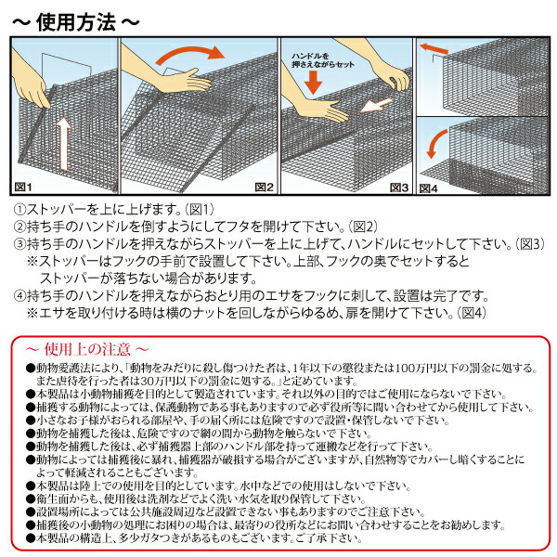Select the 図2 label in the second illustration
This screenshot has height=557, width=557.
pos(265,186)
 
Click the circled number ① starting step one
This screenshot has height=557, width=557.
pos(19,212)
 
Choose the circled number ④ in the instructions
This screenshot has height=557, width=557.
pos(19,295)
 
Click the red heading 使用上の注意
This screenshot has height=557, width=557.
pos(84,348)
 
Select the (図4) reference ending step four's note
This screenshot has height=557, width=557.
pos(466,312)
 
